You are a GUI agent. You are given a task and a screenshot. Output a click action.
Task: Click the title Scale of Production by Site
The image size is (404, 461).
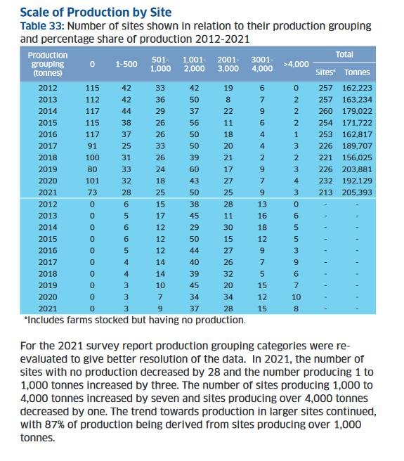[96, 12]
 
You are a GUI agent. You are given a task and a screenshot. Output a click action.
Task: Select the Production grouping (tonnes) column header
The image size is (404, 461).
[47, 63]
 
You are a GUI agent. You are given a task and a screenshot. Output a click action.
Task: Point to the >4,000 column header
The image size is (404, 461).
[295, 64]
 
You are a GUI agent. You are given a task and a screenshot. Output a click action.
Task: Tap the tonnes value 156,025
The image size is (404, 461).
[357, 157]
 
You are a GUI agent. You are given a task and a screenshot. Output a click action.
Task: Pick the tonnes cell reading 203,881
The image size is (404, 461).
[357, 169]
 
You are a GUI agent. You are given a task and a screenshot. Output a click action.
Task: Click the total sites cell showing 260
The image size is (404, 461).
[325, 111]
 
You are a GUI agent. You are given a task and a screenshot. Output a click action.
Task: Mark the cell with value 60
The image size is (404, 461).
[195, 169]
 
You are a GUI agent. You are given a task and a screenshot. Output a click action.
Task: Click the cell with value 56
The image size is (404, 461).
[195, 122]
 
